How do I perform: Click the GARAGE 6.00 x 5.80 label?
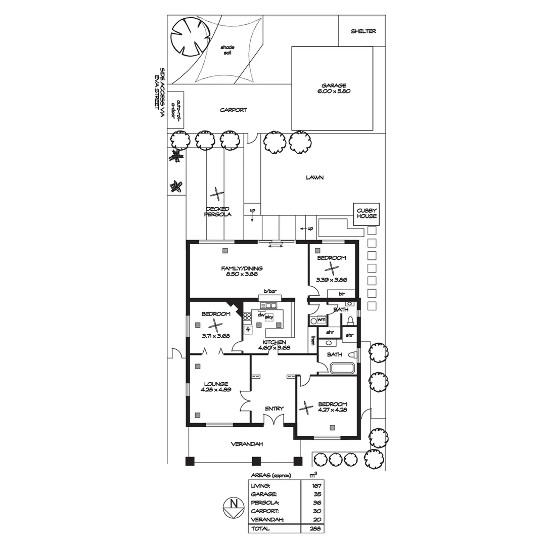click(x=332, y=88)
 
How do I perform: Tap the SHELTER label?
click(x=363, y=31)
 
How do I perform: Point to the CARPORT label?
click(x=233, y=110)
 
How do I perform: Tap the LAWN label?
click(x=314, y=177)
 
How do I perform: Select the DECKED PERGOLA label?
click(x=217, y=211)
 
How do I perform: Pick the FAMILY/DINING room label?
click(x=241, y=271)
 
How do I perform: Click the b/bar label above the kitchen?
click(x=270, y=291)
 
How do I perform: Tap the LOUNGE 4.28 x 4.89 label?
click(x=216, y=387)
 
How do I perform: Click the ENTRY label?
click(x=274, y=408)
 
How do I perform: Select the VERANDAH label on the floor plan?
click(x=247, y=444)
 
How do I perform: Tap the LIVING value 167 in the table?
click(x=316, y=485)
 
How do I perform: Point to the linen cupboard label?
click(x=313, y=340)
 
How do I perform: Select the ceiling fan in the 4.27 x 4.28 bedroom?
click(x=306, y=407)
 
